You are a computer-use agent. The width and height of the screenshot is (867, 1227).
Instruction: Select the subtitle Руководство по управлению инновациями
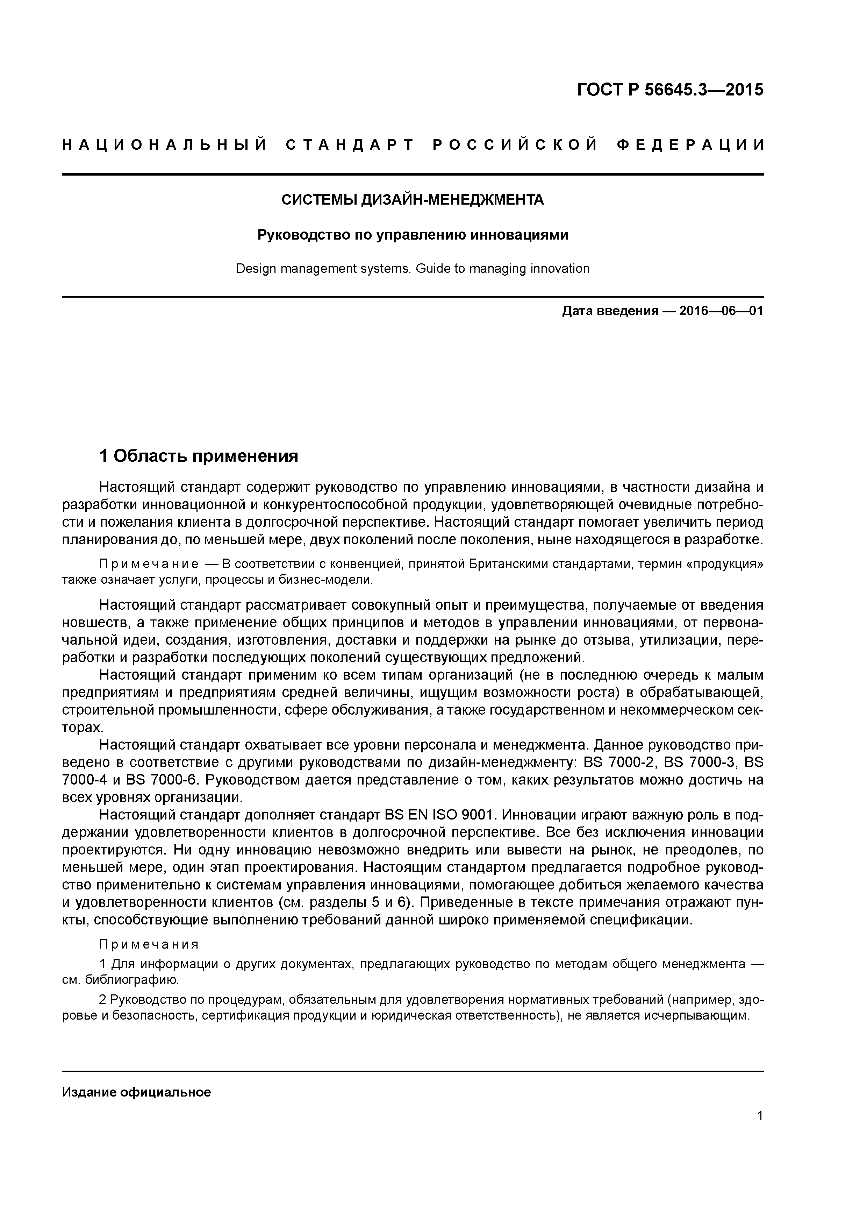click(413, 235)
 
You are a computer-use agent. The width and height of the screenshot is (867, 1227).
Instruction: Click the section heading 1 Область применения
click(199, 456)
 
